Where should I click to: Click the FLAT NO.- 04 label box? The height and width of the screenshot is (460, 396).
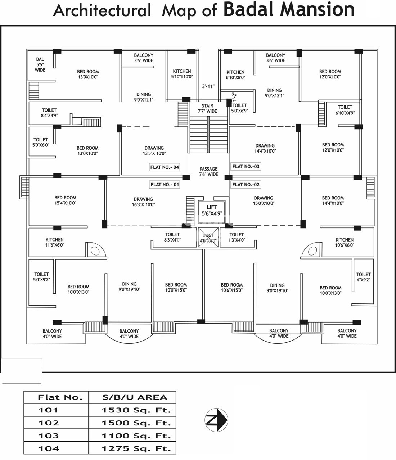[164, 167]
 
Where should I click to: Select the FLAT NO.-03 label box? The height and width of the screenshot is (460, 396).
[246, 166]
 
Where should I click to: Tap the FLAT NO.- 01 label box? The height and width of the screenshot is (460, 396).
[165, 184]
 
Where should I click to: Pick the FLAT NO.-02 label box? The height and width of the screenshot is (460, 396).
[246, 184]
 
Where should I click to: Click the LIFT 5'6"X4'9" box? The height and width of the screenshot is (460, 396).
[212, 210]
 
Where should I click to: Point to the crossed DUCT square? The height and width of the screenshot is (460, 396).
[208, 238]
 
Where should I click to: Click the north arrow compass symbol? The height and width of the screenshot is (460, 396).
[216, 420]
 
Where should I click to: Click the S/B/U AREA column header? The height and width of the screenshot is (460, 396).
[132, 397]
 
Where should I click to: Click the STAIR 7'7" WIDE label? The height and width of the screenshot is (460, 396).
[207, 108]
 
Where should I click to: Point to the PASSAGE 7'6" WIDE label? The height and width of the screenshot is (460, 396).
[208, 171]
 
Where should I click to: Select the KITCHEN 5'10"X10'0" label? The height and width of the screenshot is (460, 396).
[182, 74]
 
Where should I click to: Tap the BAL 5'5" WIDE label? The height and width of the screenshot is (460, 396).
[40, 64]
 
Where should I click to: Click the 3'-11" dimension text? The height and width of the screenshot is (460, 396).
[208, 86]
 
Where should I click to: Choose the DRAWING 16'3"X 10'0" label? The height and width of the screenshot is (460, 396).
[143, 202]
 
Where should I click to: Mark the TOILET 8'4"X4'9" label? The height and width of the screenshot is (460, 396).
[49, 113]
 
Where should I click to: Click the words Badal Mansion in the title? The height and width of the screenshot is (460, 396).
[289, 9]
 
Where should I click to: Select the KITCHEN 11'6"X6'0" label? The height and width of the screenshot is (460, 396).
[55, 242]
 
